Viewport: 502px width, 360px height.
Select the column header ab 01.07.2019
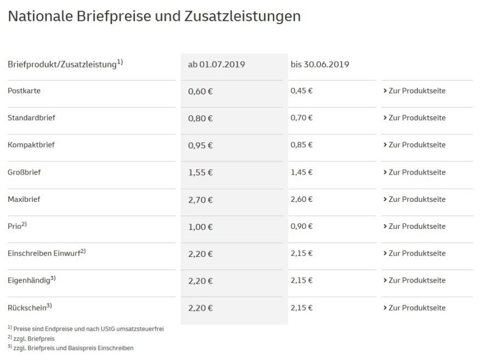216,64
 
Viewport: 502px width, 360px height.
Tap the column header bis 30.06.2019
320,64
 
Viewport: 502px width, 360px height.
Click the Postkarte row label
24,91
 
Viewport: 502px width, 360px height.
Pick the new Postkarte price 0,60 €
200,91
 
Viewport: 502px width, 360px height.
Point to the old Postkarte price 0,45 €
301,91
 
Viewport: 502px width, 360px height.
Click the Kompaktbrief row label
31,145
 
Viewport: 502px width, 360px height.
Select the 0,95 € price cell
200,145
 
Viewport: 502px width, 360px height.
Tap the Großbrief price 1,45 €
301,172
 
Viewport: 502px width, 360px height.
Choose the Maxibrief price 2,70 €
200,200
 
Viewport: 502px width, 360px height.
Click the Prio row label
15,227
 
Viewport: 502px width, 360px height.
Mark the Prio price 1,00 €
200,227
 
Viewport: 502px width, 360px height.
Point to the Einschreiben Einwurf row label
44,254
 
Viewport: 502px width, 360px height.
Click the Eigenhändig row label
29,280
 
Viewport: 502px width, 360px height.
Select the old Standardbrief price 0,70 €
301,118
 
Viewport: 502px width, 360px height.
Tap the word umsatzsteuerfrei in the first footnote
140,329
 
